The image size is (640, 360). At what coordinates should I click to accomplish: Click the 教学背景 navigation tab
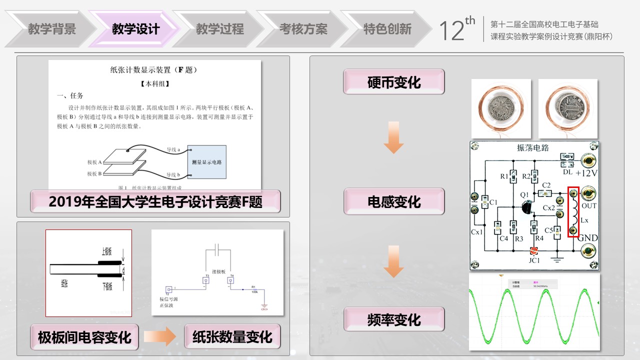[52, 29]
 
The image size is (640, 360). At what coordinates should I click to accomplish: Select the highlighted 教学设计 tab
[135, 29]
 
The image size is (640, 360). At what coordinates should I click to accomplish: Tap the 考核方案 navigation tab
[303, 29]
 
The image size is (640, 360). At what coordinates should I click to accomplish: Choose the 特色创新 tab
[387, 29]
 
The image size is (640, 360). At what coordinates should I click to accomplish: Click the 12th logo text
[456, 29]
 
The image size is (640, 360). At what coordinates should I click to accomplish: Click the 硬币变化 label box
[394, 82]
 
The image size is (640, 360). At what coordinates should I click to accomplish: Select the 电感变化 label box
[394, 201]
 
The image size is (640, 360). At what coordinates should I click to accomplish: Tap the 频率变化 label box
[394, 319]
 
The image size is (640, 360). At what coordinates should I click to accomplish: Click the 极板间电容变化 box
[84, 336]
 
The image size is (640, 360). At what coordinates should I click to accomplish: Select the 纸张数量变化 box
[232, 336]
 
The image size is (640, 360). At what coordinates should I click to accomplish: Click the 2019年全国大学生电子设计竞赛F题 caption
[155, 201]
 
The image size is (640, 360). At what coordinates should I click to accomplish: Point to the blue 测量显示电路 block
[206, 162]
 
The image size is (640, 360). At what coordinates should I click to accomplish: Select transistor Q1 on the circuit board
[527, 206]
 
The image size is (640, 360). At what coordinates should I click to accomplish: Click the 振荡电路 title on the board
[533, 147]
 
